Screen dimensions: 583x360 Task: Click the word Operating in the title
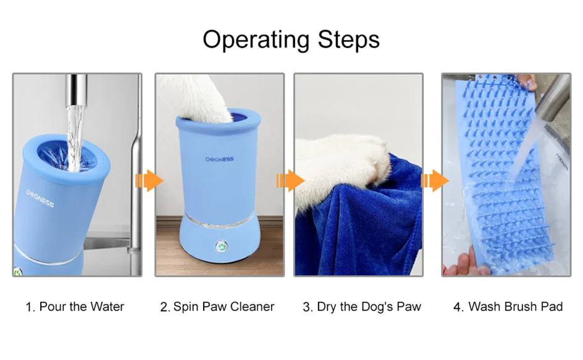256,40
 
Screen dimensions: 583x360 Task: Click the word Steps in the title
349,40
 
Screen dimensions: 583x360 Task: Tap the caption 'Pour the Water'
82,306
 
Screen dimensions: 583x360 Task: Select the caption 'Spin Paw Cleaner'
224,306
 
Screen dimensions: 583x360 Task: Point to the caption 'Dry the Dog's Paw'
369,307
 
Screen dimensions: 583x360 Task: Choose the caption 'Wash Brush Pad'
515,306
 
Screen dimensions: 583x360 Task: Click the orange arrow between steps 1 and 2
149,181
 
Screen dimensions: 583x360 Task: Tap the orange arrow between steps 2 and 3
290,181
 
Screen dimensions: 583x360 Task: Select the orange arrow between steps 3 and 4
435,181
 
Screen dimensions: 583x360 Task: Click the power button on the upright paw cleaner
222,246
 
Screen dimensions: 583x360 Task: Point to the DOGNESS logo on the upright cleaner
219,159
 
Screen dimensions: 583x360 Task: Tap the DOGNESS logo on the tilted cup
40,198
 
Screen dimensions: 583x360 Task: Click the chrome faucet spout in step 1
77,90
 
